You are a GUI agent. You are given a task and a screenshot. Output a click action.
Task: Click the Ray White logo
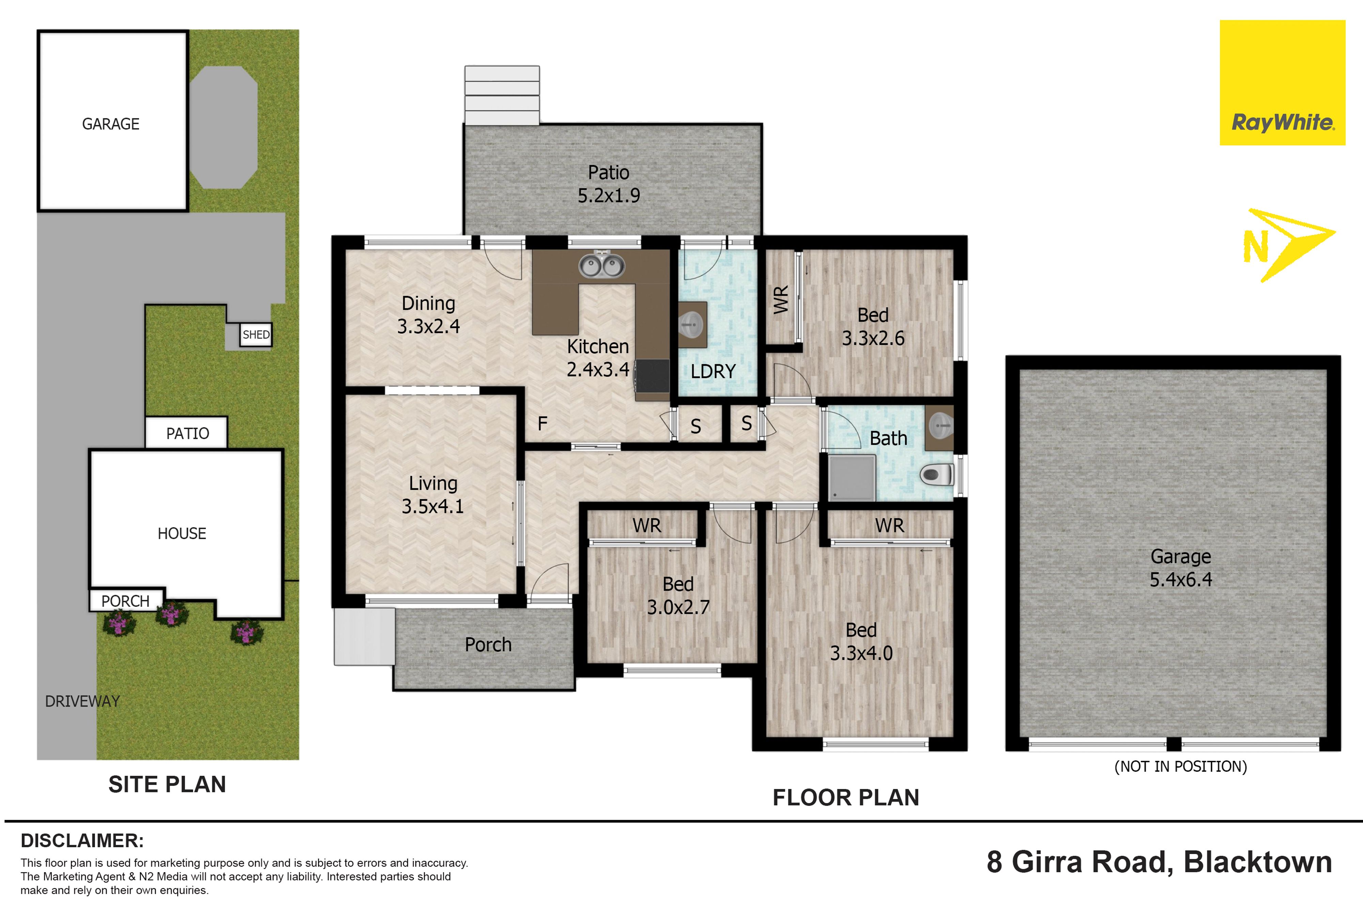(x=1283, y=82)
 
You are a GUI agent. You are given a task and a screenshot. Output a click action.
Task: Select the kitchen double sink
(x=601, y=266)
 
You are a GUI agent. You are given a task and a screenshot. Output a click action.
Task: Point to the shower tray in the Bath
(x=852, y=478)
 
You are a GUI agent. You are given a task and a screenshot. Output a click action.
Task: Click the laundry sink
(x=691, y=324)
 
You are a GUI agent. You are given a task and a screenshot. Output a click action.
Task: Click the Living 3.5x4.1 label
(x=433, y=495)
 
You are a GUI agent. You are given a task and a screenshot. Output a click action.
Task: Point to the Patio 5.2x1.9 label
(x=609, y=184)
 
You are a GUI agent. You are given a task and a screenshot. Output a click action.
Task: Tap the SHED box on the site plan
(x=256, y=334)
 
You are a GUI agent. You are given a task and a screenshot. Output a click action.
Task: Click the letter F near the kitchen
(x=542, y=424)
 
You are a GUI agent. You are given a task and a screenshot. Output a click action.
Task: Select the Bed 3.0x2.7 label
(x=678, y=595)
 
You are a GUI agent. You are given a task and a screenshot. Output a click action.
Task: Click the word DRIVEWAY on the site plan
(x=82, y=701)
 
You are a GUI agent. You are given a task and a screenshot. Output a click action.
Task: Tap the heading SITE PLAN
(x=167, y=784)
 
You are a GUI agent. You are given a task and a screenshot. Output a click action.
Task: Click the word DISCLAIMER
(x=82, y=840)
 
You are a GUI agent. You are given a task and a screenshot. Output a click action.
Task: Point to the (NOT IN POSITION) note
(x=1180, y=767)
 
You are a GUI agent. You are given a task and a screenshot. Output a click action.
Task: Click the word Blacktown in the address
(x=1257, y=862)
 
